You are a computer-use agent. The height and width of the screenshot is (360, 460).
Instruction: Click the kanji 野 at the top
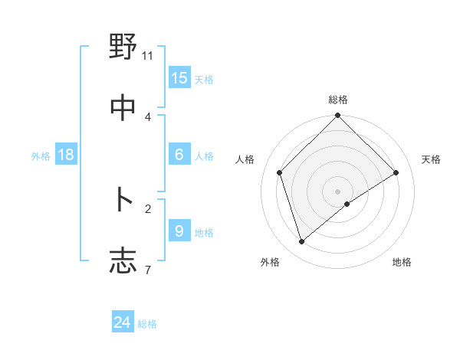[123, 47]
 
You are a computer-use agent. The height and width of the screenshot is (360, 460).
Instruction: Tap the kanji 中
[123, 108]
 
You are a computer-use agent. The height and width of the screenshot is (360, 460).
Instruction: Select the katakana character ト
[123, 200]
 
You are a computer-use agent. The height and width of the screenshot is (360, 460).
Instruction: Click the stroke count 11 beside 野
[148, 56]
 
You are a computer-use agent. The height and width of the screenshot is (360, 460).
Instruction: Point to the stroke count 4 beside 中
[148, 116]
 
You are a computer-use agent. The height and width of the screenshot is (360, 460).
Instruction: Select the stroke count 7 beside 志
[147, 270]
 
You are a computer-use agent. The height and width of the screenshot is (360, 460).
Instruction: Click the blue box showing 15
[179, 77]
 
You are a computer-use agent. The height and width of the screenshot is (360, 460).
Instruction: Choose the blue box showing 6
[179, 154]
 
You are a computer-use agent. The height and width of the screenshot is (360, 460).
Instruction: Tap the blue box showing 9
[179, 231]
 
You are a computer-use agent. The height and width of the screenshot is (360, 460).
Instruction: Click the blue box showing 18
[66, 154]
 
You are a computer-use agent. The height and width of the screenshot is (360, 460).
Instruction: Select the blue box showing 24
[123, 322]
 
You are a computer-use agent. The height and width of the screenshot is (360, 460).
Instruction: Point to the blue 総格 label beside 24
[147, 324]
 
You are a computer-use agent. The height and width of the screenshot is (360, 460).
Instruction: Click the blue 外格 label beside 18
[41, 155]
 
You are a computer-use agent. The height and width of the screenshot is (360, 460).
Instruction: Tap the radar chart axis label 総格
[338, 100]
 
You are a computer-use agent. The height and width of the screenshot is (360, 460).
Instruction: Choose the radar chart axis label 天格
[431, 159]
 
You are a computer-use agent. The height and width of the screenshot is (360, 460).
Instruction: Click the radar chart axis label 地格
[402, 262]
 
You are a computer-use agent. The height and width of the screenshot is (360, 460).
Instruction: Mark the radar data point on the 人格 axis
[280, 172]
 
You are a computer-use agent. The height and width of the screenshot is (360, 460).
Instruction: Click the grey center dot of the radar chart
[338, 191]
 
